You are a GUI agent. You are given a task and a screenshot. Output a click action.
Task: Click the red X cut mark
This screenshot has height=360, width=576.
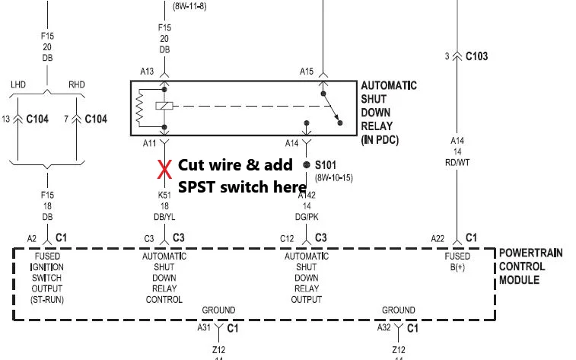point(164,170)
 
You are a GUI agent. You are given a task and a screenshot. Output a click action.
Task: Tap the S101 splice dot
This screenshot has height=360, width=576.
point(307,165)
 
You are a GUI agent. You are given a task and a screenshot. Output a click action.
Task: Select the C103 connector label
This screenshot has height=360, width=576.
point(476,56)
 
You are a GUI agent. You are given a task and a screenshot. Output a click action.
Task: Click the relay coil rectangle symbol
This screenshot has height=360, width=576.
point(164,106)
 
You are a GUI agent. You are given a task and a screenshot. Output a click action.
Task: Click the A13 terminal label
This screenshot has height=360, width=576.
point(147,72)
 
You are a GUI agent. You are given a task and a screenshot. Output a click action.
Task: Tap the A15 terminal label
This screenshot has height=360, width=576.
point(307,72)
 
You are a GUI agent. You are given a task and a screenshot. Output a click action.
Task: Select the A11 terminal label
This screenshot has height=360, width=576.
point(149,143)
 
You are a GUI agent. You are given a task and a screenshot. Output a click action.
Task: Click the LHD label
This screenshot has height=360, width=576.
point(18,84)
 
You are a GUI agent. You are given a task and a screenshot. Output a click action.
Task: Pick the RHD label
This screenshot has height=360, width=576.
point(77,84)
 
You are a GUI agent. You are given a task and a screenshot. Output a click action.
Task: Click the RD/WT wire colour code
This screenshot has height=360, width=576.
point(457,162)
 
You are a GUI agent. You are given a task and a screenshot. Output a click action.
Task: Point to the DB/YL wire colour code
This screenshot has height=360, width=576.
point(164,217)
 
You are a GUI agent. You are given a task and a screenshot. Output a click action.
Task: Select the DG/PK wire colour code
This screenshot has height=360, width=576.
point(307,217)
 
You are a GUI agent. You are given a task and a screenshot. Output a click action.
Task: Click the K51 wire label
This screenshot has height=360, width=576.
point(164,195)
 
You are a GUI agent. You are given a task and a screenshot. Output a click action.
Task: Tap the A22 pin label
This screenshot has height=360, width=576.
point(438,239)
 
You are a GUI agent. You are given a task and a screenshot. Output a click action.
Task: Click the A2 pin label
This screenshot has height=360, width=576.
point(32,239)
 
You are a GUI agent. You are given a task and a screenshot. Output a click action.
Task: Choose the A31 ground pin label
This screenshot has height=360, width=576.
point(204,327)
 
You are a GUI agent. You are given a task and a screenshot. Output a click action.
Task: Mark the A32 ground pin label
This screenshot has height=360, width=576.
point(384,327)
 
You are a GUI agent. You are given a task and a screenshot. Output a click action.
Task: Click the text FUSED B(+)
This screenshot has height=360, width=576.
point(457,262)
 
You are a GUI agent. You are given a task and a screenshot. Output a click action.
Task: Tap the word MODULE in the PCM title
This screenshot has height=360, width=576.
point(519,280)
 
